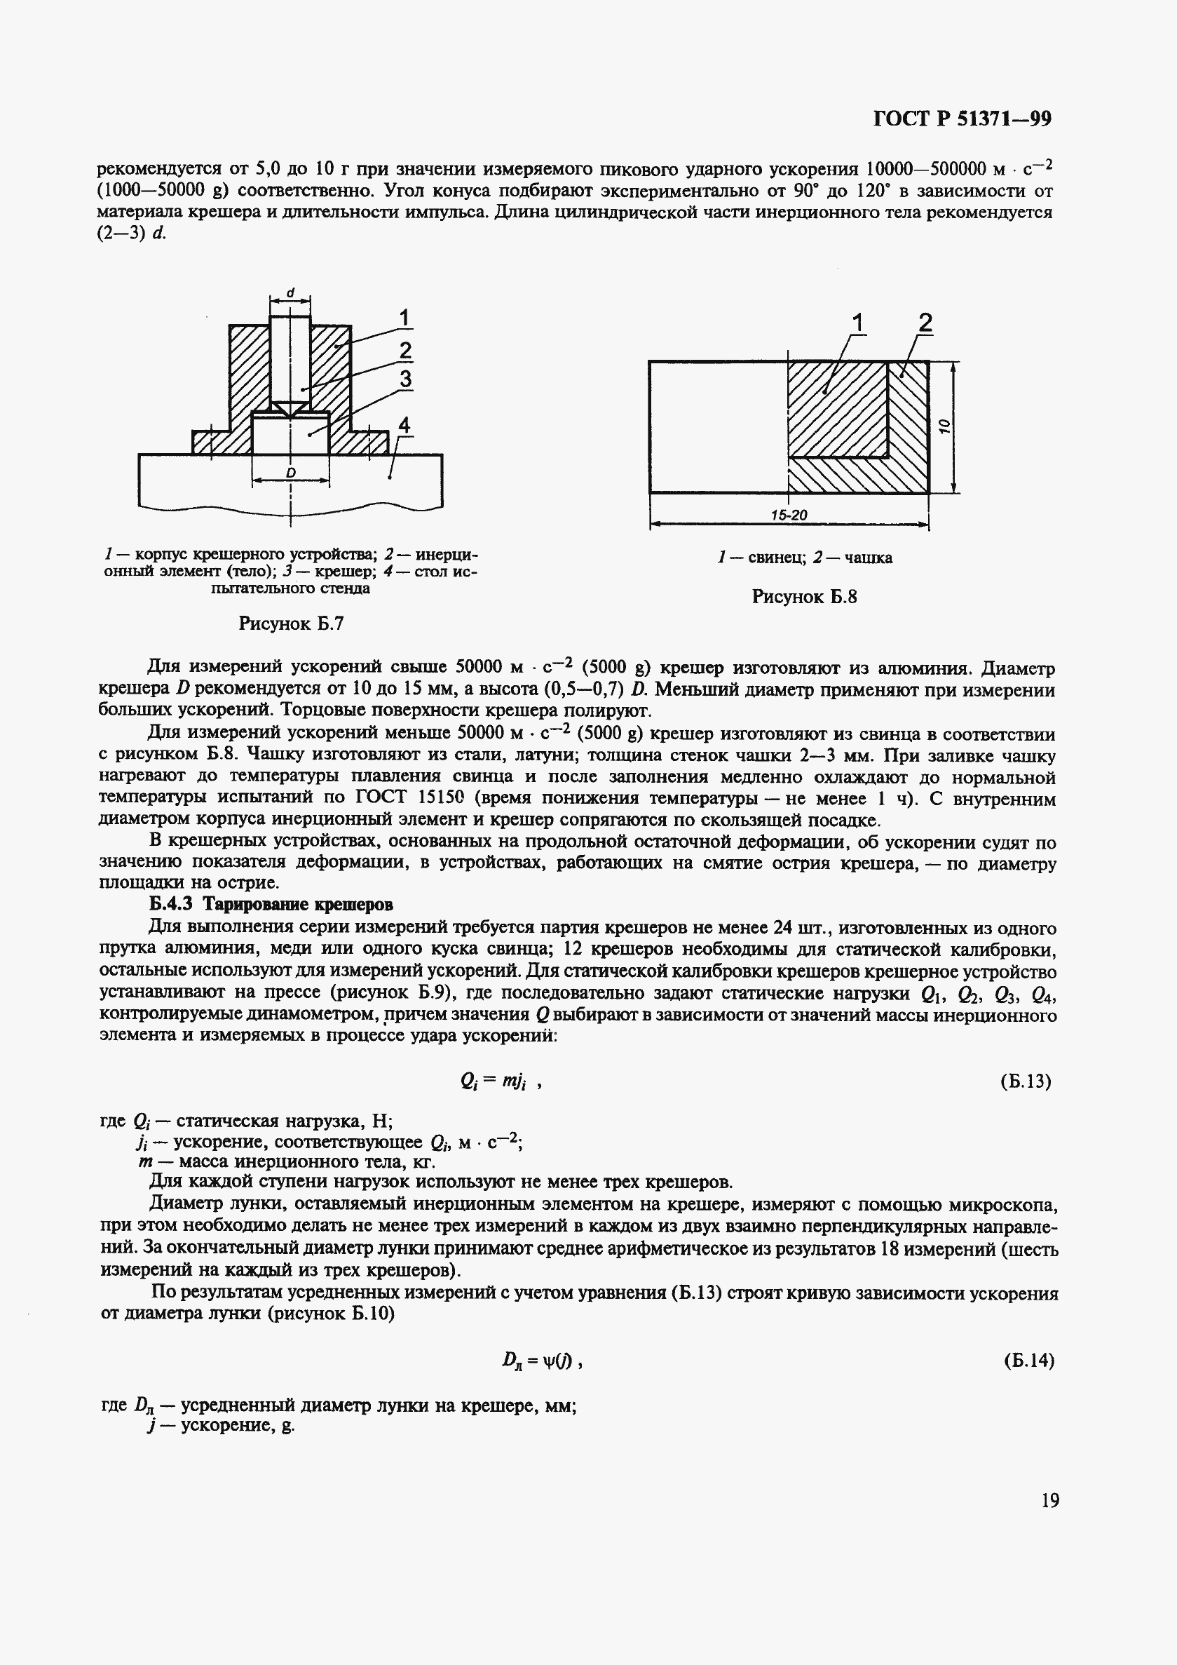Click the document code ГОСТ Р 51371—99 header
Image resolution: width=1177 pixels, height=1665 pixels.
coord(962,119)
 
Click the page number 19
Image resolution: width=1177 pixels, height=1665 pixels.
coord(1050,1500)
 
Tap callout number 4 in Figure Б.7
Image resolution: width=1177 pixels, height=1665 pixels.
coord(404,425)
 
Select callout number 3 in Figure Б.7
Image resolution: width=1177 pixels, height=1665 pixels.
coord(405,379)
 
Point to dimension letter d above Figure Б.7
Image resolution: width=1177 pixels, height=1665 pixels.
coord(291,293)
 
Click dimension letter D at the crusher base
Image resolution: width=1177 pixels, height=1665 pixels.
coord(291,473)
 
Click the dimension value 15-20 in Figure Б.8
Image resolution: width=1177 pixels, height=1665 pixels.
coord(789,515)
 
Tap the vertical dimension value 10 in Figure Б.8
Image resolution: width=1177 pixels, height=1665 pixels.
coord(944,427)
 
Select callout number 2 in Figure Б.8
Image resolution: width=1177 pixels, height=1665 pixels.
coord(925,323)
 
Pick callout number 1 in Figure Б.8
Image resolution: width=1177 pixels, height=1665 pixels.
coord(858,323)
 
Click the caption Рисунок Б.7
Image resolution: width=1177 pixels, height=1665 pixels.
coord(291,623)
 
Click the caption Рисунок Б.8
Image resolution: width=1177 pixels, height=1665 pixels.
coord(805,597)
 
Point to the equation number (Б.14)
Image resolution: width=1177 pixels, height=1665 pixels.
coord(1028,1361)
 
